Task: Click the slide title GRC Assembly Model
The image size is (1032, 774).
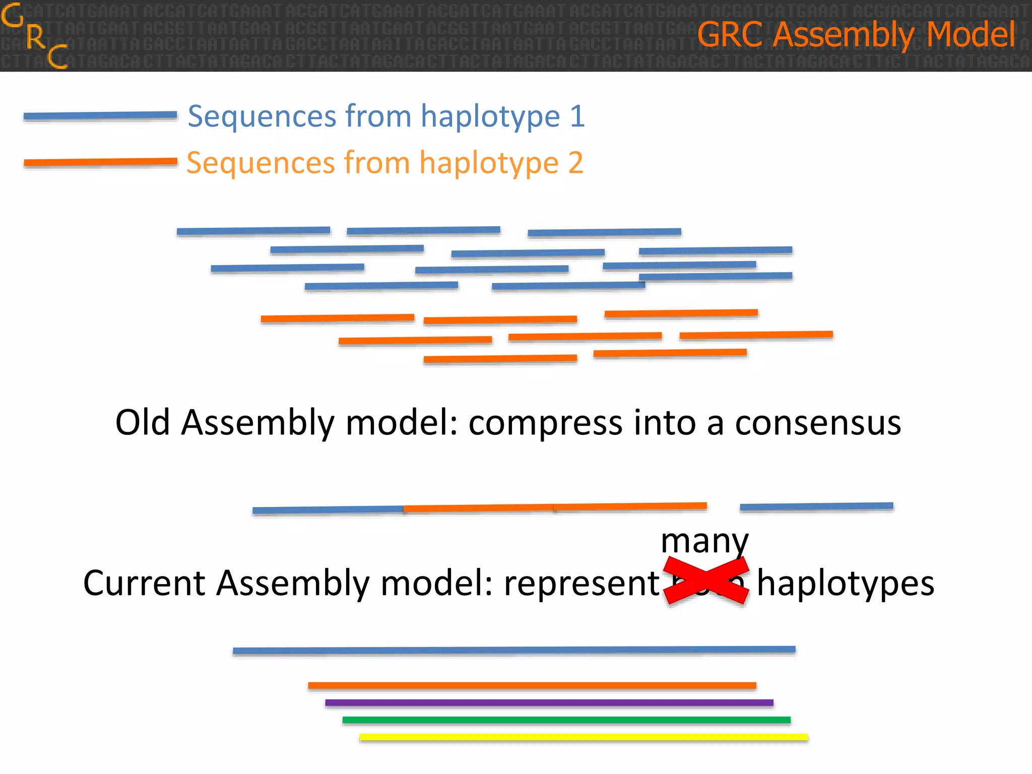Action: pos(856,34)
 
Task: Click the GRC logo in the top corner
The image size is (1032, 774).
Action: pos(34,35)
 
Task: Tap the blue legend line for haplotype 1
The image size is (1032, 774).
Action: pos(100,116)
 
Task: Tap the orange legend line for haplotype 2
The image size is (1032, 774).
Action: pos(100,162)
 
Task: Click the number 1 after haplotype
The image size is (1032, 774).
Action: pos(577,116)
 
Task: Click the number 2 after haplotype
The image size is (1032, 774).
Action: pos(575,163)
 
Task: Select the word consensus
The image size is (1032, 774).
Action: pos(817,422)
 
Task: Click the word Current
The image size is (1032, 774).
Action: pos(144,583)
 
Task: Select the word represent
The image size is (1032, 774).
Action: pos(582,584)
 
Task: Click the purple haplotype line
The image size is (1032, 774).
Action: pos(549,702)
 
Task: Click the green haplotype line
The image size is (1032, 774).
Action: pos(566,720)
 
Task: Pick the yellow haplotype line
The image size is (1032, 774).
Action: pos(584,737)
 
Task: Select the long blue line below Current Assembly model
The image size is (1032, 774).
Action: pos(514,650)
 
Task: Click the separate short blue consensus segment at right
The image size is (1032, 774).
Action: pos(816,506)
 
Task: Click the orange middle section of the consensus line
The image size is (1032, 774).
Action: pos(554,507)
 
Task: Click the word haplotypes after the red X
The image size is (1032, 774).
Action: pos(846,584)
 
